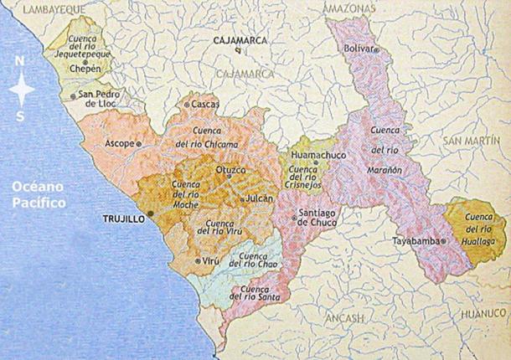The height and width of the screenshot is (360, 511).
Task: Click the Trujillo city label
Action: coord(123,217)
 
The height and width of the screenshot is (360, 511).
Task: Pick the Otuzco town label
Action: coord(231,170)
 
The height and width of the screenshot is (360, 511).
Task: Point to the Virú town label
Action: coord(209,261)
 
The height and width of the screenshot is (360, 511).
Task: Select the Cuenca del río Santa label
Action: coord(259,294)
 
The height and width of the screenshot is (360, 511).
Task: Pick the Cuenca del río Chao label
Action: coord(258,260)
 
